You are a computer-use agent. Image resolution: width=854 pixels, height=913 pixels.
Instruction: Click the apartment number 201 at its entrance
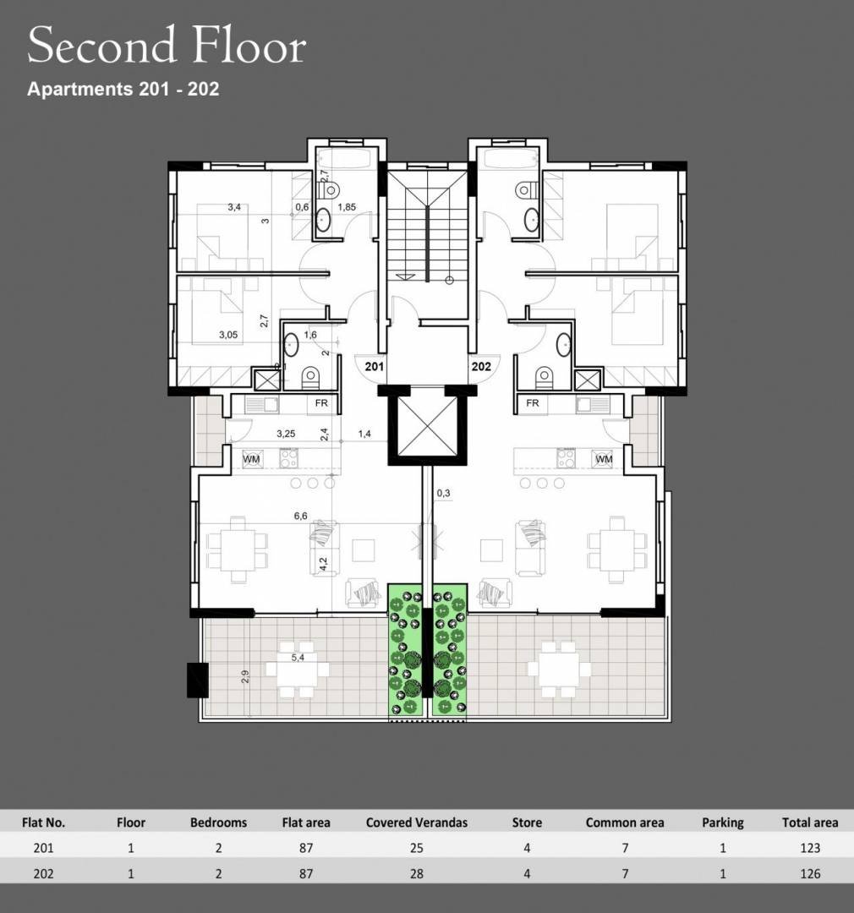click(374, 366)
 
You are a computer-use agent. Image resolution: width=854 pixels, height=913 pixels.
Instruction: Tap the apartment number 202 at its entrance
click(481, 366)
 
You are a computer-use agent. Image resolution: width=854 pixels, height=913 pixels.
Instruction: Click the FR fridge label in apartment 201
click(321, 403)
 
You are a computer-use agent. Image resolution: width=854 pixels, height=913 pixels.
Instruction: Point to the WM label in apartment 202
click(604, 459)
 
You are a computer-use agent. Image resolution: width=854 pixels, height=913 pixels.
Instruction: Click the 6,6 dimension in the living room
click(300, 516)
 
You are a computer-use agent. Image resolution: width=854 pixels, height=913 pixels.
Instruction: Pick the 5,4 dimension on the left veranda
click(298, 658)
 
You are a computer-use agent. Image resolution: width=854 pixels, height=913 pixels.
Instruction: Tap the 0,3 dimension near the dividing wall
click(443, 493)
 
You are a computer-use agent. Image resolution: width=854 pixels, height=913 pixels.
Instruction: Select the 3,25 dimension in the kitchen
click(286, 434)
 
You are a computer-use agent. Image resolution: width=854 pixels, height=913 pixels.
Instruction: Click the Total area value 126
click(810, 873)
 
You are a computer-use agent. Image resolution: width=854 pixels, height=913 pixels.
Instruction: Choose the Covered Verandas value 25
click(417, 848)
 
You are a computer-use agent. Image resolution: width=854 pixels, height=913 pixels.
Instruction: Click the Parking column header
click(722, 823)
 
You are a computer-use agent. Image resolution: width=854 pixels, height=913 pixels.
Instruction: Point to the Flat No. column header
click(44, 823)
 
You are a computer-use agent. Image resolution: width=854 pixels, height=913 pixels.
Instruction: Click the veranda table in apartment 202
click(559, 670)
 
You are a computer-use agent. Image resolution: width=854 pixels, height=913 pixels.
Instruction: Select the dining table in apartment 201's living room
click(238, 549)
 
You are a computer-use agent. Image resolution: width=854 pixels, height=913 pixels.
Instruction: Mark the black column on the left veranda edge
click(198, 680)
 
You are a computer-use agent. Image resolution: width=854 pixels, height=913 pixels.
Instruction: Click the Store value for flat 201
click(527, 848)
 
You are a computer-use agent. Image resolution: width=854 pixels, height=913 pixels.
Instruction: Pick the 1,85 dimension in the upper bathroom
click(347, 207)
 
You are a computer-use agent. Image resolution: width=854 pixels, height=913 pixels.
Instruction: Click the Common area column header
click(625, 823)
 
